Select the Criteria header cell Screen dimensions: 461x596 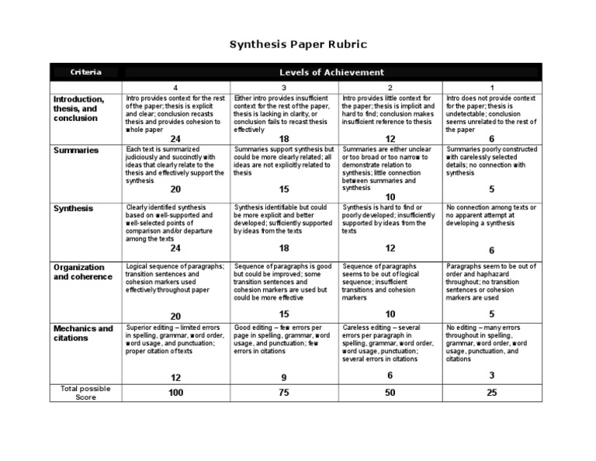[85, 72]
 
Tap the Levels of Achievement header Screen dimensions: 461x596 [331, 72]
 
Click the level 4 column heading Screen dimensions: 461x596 [175, 88]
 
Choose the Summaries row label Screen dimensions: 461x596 [76, 150]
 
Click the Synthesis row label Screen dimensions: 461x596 [73, 208]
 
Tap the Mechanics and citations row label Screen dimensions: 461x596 [83, 333]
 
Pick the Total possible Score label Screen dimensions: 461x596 [85, 392]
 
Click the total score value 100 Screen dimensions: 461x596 [176, 393]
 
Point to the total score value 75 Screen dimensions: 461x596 [284, 393]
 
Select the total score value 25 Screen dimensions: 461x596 [491, 393]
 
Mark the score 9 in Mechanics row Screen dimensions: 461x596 [284, 377]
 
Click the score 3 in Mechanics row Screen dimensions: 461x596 [491, 376]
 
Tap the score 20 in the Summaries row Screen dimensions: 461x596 [175, 189]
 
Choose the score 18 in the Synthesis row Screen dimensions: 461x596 [284, 248]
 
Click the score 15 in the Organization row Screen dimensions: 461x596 [284, 314]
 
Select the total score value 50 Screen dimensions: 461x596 [390, 393]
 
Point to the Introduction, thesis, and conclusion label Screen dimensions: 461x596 [78, 109]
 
